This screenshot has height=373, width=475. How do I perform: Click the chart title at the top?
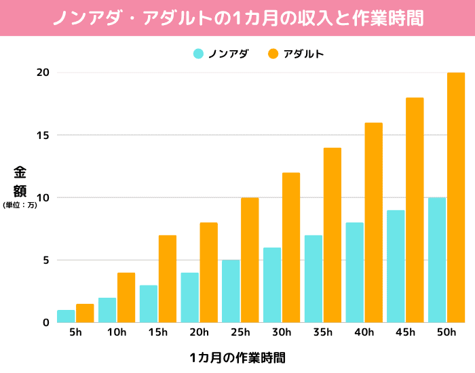pyautogui.click(x=237, y=18)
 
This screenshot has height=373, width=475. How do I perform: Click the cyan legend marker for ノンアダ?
pyautogui.click(x=198, y=54)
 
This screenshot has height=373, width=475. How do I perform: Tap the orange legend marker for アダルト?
pyautogui.click(x=273, y=54)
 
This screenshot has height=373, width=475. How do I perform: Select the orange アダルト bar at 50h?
pyautogui.click(x=456, y=197)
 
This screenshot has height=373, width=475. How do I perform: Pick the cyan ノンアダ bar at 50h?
pyautogui.click(x=436, y=260)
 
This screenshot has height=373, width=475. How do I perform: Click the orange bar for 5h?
pyautogui.click(x=85, y=313)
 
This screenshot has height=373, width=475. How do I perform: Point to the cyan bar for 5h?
pyautogui.click(x=66, y=316)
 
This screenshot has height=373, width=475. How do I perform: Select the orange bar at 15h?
pyautogui.click(x=168, y=279)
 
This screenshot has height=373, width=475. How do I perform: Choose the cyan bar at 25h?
pyautogui.click(x=231, y=291)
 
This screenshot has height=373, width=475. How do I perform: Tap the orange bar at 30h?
pyautogui.click(x=291, y=248)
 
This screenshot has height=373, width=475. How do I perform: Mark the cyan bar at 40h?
pyautogui.click(x=354, y=273)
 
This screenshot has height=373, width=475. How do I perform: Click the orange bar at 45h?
pyautogui.click(x=415, y=210)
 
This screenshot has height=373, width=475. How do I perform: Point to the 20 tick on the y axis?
pyautogui.click(x=43, y=73)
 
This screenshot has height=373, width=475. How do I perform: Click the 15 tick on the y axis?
pyautogui.click(x=43, y=135)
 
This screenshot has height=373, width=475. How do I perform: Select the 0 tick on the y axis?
pyautogui.click(x=46, y=323)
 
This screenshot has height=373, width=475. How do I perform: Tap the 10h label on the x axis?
pyautogui.click(x=117, y=332)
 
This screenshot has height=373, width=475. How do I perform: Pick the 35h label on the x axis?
pyautogui.click(x=323, y=332)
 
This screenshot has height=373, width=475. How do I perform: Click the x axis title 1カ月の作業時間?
pyautogui.click(x=237, y=357)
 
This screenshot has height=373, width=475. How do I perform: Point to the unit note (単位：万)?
pyautogui.click(x=20, y=205)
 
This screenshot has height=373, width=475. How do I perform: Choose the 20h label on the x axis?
pyautogui.click(x=199, y=332)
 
